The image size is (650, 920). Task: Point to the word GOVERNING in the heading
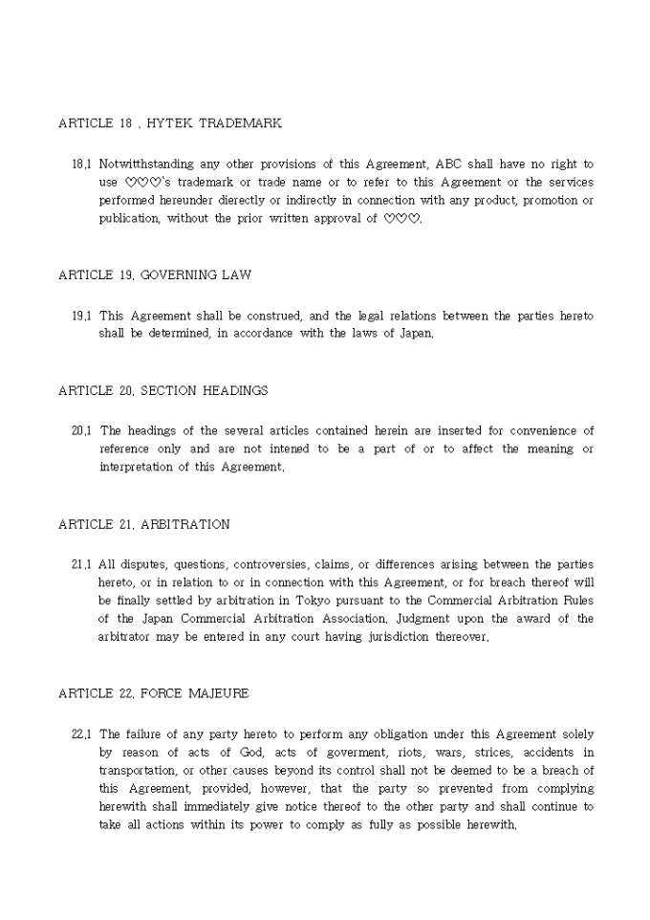pos(179,275)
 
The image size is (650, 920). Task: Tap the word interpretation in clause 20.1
pos(135,468)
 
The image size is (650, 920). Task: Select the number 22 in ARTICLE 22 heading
pos(125,693)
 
